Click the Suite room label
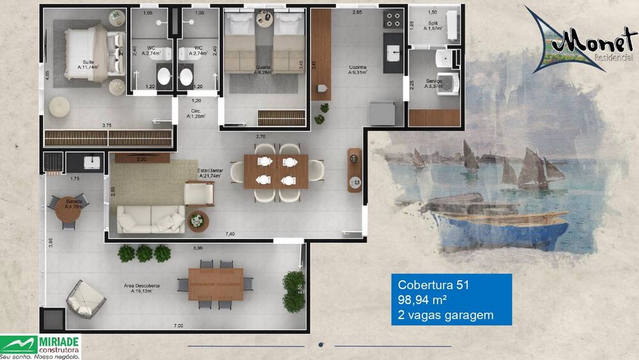81,63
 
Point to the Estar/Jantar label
211,173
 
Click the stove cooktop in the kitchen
391,21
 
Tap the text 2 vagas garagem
445,315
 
